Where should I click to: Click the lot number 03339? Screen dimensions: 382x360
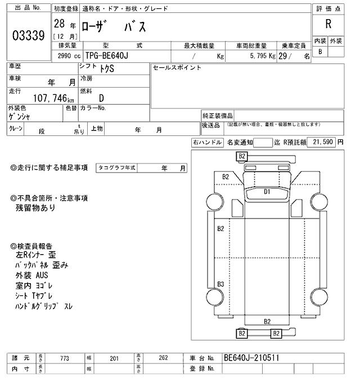tap(28, 36)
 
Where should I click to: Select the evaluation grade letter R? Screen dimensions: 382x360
tap(327, 25)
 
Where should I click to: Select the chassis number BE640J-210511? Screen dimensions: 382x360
tap(251, 358)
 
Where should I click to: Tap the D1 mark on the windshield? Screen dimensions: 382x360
tap(268, 192)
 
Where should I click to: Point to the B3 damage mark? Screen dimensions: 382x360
tap(221, 283)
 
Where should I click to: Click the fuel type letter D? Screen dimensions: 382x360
tap(102, 97)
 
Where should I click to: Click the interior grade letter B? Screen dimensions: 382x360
tap(320, 52)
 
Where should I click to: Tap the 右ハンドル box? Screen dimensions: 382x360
tap(208, 143)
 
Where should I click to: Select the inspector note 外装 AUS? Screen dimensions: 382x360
tap(32, 275)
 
